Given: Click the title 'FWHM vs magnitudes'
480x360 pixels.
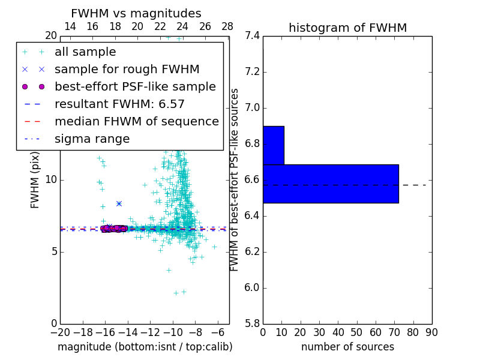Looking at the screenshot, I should pos(136,13).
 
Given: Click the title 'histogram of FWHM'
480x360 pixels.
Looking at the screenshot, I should pos(347,28).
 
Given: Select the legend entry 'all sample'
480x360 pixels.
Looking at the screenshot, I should pos(85,52).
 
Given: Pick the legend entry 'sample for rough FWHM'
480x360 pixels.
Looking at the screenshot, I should pos(127,70).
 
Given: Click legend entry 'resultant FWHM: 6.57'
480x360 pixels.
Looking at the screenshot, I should pos(119,104).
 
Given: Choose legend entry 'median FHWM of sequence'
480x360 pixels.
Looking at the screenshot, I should pos(136,122).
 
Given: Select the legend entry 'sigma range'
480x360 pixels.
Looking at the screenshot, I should pos(92,139).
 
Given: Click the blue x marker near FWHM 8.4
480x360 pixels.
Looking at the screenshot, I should pos(119,204).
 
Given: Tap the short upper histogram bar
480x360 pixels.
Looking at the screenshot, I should pos(273,145).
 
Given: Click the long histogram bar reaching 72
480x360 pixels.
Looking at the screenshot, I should pos(330,184).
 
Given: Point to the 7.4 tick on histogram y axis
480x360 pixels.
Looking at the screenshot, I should pos(252,36).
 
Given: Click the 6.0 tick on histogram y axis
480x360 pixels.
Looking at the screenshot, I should pos(252,288).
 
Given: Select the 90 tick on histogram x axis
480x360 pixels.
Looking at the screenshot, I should pos(431,332).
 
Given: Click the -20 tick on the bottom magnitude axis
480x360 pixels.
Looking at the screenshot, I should pos(60,332).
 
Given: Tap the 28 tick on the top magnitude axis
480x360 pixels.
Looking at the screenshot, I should pos(227,26).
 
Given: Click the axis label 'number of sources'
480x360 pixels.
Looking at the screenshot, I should pos(347,347).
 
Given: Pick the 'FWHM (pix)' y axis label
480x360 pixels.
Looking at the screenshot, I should pos(35,180).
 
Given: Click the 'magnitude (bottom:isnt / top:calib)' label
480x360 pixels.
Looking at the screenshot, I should pos(145,347).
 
